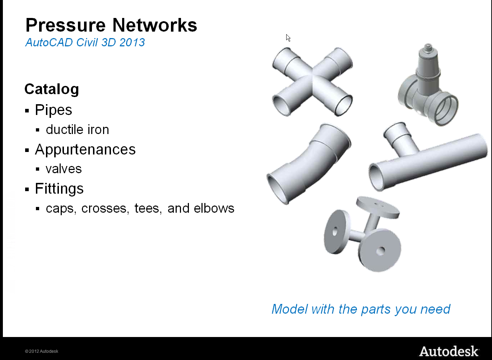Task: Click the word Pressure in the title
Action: [x=65, y=25]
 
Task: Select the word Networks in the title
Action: [x=155, y=25]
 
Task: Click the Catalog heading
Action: [x=52, y=89]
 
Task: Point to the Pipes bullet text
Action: [x=54, y=110]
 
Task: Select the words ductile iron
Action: [x=77, y=129]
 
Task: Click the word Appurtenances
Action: [x=85, y=149]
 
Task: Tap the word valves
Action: [x=64, y=169]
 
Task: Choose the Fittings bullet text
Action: [x=59, y=189]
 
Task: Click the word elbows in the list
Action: [x=214, y=208]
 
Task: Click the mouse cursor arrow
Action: [x=288, y=38]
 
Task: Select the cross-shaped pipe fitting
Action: [x=312, y=82]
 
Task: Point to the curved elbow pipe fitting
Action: [x=308, y=164]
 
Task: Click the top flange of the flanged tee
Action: [x=377, y=207]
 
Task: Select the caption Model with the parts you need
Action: [x=361, y=309]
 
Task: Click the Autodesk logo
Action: [x=449, y=351]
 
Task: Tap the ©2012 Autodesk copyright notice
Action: [x=42, y=351]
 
